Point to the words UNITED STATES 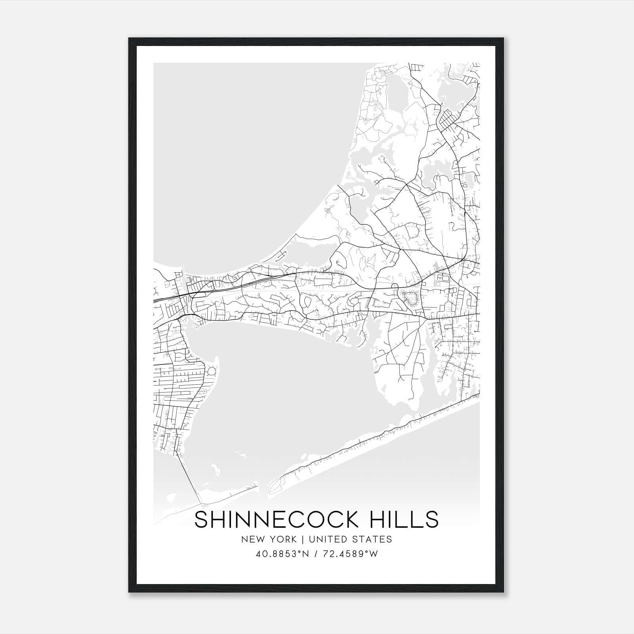click(x=350, y=539)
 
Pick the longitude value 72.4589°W click(x=351, y=554)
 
